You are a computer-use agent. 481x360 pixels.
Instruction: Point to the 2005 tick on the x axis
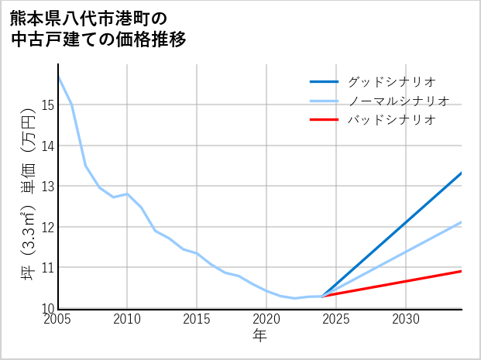[x=58, y=319]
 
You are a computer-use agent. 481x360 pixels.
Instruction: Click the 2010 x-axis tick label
[x=127, y=319]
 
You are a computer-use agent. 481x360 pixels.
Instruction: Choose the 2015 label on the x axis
[x=197, y=319]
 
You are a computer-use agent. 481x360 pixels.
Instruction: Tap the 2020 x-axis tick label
[x=266, y=319]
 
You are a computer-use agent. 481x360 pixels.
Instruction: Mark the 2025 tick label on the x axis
[x=336, y=319]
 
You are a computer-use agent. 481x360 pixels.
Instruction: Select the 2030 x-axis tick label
[x=406, y=319]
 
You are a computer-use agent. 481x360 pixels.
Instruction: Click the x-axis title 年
[x=260, y=335]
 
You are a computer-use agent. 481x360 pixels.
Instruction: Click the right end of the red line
[x=462, y=271]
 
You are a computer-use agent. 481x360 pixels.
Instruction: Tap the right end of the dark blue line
[x=462, y=173]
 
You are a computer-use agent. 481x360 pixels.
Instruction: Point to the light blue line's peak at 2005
[x=58, y=77]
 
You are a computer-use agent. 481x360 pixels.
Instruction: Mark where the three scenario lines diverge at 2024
[x=322, y=297]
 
